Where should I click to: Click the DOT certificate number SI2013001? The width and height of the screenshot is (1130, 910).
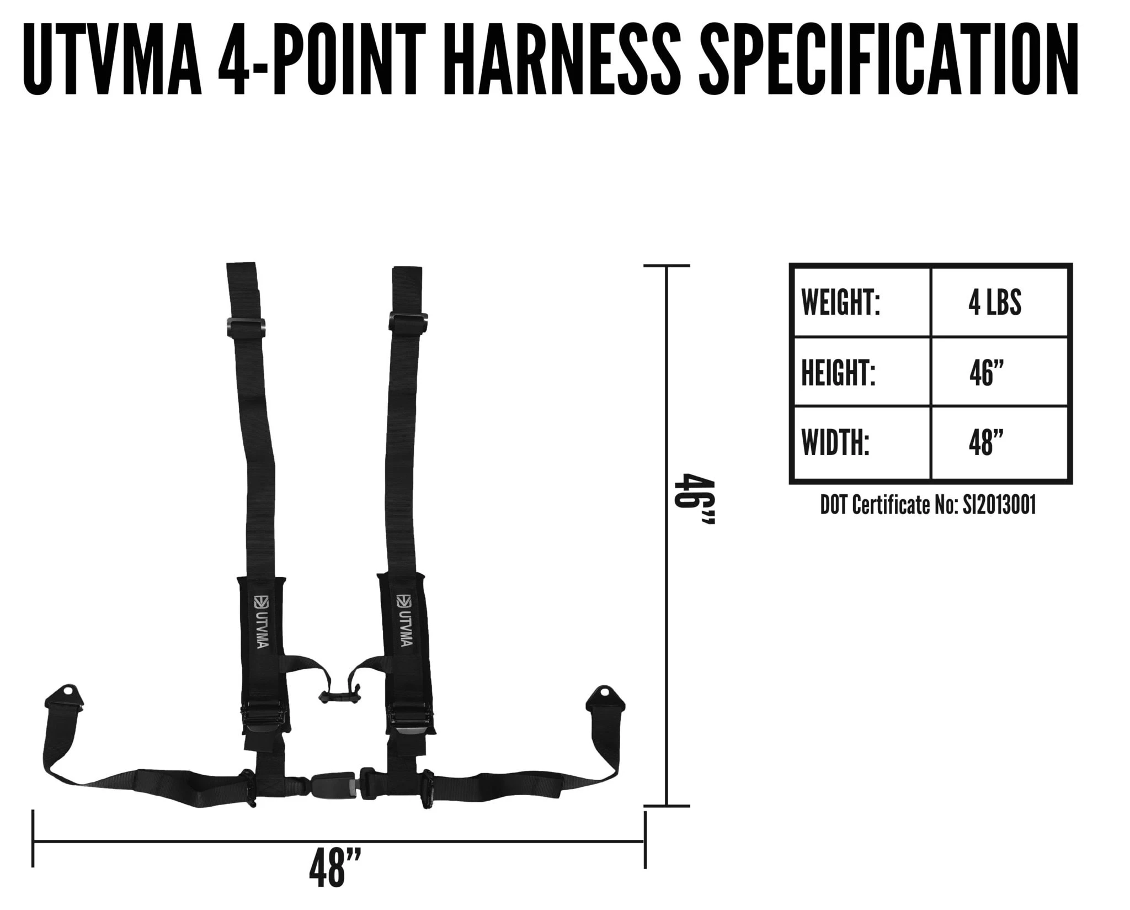tap(999, 505)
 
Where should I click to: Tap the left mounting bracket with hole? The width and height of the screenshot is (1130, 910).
tap(65, 697)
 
